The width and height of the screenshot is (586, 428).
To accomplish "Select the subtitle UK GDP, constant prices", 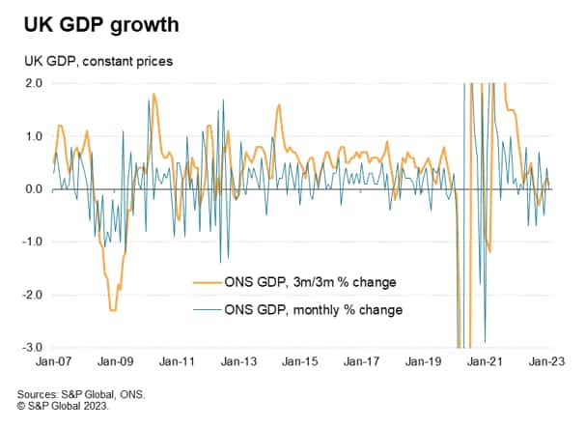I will click(93, 61).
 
